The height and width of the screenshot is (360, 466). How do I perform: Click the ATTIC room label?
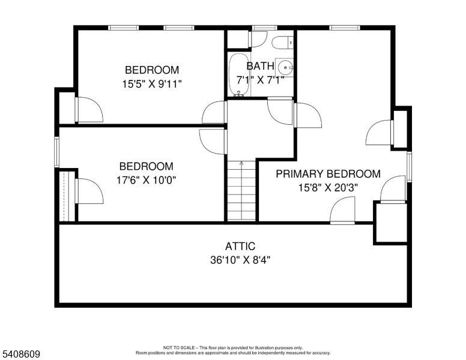[x=240, y=246]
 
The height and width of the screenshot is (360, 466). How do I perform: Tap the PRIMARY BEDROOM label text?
[x=328, y=174]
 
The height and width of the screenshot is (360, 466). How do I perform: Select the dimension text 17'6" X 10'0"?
[x=146, y=180]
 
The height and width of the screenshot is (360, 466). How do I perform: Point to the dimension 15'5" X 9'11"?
[x=152, y=84]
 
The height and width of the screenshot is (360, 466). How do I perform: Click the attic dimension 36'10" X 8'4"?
[x=240, y=260]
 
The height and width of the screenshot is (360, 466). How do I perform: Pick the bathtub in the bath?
[x=239, y=74]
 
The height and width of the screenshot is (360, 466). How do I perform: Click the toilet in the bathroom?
[x=282, y=43]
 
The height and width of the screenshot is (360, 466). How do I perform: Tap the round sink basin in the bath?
[x=285, y=68]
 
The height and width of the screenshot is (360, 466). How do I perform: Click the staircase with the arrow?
[x=241, y=190]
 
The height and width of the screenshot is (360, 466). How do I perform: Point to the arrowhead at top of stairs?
[x=241, y=163]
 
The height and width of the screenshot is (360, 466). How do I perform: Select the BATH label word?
[x=261, y=66]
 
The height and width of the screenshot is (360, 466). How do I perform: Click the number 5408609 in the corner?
[x=21, y=354]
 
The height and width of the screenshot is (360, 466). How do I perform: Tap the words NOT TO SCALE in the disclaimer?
[x=178, y=347]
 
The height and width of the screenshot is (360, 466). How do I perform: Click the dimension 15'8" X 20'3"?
[x=328, y=188]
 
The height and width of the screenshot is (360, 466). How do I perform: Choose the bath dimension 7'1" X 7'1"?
[x=261, y=80]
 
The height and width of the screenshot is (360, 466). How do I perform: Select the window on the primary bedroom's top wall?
[x=345, y=28]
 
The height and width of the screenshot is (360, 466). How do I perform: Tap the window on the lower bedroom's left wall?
[x=57, y=152]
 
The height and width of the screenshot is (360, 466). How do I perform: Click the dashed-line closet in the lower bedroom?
[x=67, y=196]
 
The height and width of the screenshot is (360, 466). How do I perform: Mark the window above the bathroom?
[x=264, y=28]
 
